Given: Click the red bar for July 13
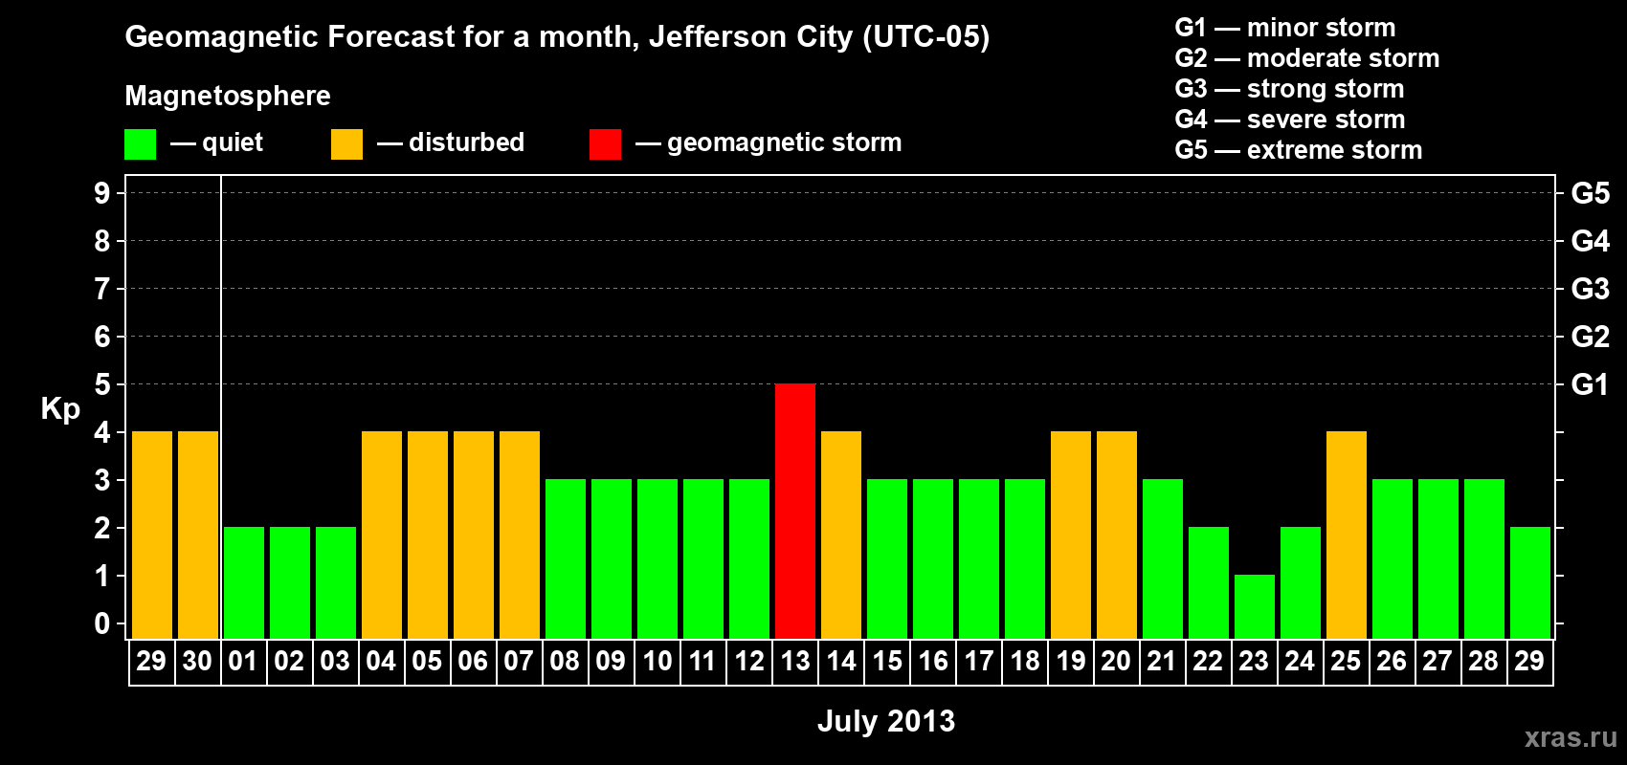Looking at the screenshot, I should point(795,511).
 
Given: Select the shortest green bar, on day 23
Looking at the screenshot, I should point(1255,606).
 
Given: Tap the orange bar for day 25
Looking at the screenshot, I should point(1347,535).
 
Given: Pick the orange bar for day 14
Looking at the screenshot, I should point(841,535).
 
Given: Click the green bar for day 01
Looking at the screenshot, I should point(244,582).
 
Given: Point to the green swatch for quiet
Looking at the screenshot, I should point(141,144).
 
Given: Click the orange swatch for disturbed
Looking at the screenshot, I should point(346,144).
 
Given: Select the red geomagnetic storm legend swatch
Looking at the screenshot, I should point(605,144).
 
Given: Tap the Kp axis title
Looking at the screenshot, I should point(60,409).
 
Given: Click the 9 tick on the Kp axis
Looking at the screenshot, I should point(102,193).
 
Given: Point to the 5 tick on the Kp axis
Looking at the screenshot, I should point(102,384).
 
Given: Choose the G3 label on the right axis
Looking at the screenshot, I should point(1590,289).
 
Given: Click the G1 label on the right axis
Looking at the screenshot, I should point(1590,384).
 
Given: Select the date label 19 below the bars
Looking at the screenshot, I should point(1071,661).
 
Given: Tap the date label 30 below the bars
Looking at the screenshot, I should point(197,661).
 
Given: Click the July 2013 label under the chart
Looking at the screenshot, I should point(886,721).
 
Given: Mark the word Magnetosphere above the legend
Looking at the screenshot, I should point(228,96).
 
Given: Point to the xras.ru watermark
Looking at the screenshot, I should point(1571,737).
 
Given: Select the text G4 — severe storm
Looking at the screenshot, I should point(1290,120).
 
